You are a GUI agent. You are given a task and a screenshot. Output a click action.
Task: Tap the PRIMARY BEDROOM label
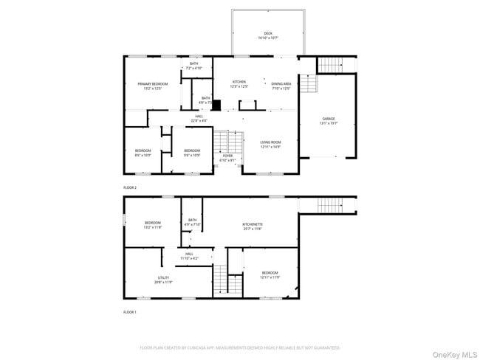tap(153, 84)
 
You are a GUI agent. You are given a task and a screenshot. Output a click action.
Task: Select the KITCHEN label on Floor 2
tap(239, 82)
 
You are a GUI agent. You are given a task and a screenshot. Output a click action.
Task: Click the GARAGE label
tap(328, 119)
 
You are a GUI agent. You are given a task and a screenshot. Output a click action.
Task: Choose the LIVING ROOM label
tap(270, 142)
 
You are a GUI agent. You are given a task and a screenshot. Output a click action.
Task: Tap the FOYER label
tap(227, 156)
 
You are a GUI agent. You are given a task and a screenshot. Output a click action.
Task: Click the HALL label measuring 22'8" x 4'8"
tap(199, 116)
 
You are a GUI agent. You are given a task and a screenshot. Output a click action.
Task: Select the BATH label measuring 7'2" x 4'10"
tap(193, 63)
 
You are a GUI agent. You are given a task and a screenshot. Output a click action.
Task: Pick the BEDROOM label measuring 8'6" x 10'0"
tap(143, 150)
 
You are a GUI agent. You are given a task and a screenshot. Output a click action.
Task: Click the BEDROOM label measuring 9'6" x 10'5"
tap(192, 150)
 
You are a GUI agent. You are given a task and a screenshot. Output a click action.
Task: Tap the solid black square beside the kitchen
tap(216, 105)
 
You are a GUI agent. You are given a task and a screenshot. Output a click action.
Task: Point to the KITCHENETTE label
tap(253, 224)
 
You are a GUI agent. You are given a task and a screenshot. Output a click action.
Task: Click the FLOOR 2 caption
tap(130, 188)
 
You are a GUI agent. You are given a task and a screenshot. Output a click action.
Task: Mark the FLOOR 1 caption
tap(130, 312)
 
